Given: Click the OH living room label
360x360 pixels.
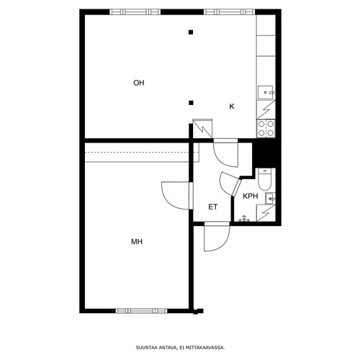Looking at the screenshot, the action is click(139, 83).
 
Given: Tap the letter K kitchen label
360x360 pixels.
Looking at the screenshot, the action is click(232, 107).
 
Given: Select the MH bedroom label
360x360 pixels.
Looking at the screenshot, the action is click(137, 241).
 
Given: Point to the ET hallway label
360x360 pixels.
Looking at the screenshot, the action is click(213, 207).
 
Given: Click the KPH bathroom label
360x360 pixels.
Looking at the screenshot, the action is click(251, 196).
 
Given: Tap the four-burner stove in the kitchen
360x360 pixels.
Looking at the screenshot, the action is click(266, 128).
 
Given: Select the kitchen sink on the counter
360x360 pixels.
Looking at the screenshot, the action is click(266, 92).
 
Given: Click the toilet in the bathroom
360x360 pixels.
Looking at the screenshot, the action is click(264, 179).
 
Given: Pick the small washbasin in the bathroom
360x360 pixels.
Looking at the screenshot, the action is click(271, 199).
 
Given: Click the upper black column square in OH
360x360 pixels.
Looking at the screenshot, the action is click(191, 32).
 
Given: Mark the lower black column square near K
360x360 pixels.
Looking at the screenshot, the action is click(191, 103).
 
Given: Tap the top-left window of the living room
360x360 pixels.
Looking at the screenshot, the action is click(135, 12).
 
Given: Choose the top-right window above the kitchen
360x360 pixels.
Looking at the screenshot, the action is click(230, 12).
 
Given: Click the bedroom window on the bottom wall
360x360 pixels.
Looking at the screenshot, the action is click(142, 311).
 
